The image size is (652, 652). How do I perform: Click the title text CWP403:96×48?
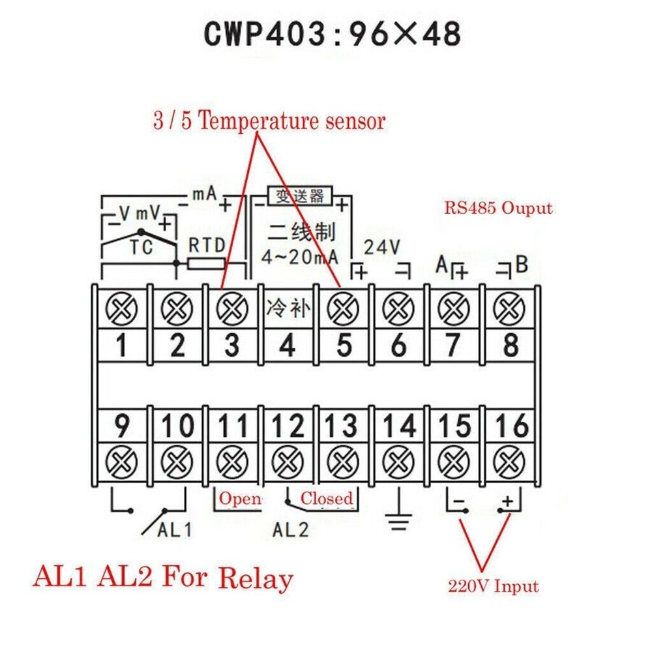[333, 33]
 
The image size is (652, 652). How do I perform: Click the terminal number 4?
[287, 345]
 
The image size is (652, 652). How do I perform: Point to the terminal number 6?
[398, 345]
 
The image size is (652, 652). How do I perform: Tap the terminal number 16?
[511, 426]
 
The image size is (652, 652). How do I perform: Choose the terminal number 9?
[122, 426]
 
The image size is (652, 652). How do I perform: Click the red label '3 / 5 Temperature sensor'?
[269, 121]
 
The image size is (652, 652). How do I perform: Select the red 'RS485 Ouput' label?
[498, 209]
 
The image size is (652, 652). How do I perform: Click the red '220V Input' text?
[493, 586]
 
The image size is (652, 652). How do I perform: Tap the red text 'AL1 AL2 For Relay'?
[162, 578]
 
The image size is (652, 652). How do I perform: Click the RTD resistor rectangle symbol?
[207, 263]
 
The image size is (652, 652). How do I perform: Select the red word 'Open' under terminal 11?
[239, 499]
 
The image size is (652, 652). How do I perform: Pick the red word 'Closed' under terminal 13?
[326, 499]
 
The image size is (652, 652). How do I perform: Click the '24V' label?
[380, 247]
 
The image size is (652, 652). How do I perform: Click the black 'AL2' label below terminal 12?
[290, 529]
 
